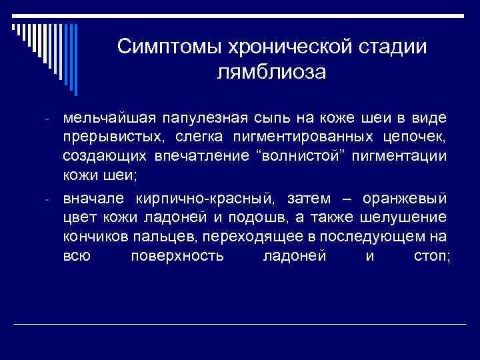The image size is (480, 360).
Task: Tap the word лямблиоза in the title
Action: (271, 71)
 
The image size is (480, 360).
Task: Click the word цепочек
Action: (416, 137)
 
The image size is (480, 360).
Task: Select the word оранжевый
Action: (405, 199)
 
